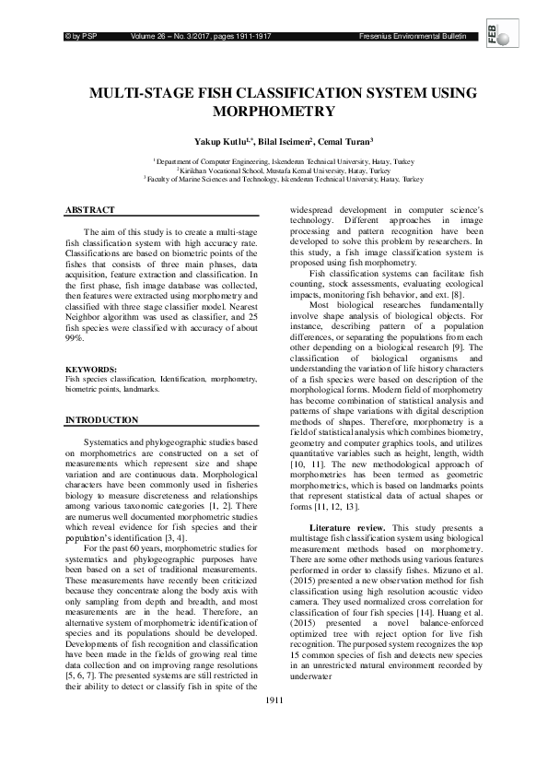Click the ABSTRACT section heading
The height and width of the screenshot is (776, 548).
pyautogui.click(x=89, y=210)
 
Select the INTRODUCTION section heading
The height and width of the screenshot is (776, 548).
pyautogui.click(x=101, y=419)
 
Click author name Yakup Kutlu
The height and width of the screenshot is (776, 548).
pyautogui.click(x=220, y=141)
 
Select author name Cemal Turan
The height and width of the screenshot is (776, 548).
pyautogui.click(x=344, y=141)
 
